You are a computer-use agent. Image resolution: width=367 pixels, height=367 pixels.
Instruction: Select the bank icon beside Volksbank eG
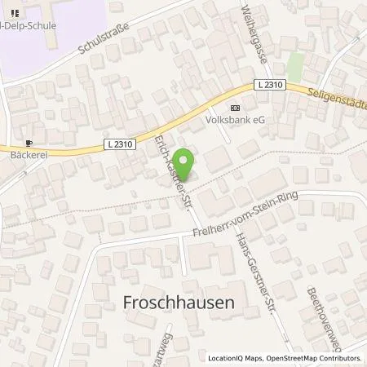pos(236,108)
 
